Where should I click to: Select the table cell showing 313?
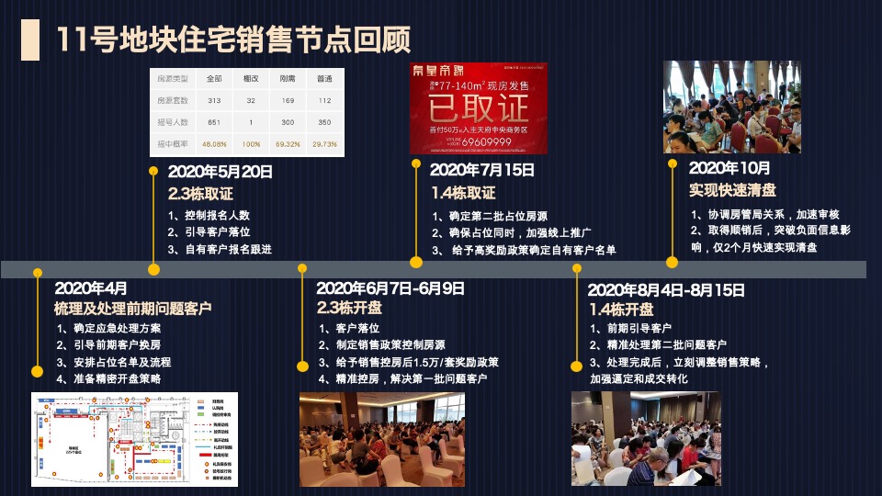[x=214, y=100]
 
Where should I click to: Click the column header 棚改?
[x=250, y=79]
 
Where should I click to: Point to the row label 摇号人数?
[x=173, y=122]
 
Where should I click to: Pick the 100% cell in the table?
[x=250, y=144]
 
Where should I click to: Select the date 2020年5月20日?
[x=220, y=172]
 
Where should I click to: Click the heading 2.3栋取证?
[x=200, y=194]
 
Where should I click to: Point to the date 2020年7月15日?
[x=482, y=170]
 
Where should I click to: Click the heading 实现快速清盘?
[x=732, y=190]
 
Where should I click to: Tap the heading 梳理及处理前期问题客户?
[x=133, y=308]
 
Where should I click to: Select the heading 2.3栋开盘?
[x=349, y=308]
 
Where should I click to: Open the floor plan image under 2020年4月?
[x=134, y=439]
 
